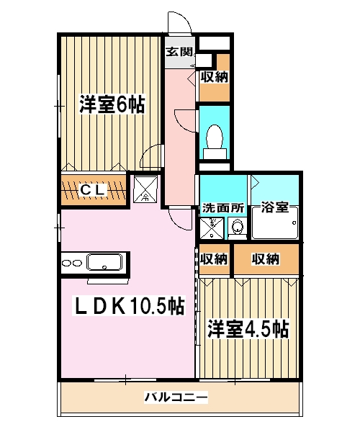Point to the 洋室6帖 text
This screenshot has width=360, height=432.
pyautogui.click(x=112, y=105)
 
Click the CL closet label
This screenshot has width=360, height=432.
pyautogui.click(x=93, y=190)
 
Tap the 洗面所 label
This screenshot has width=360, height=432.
pyautogui.click(x=222, y=208)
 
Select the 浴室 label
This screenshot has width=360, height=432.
pyautogui.click(x=276, y=208)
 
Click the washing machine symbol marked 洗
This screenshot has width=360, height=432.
pyautogui.click(x=212, y=228)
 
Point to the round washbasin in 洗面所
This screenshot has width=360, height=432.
pyautogui.click(x=236, y=228)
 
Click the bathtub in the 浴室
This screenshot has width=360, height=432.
pyautogui.click(x=274, y=228)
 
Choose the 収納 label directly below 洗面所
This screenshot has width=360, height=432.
pyautogui.click(x=214, y=259)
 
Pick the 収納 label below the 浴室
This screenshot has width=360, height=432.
pyautogui.click(x=266, y=259)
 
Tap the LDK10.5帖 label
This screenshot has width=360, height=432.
pyautogui.click(x=130, y=307)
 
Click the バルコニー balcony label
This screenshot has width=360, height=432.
pyautogui.click(x=176, y=397)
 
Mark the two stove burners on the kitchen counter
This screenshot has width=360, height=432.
pyautogui.click(x=71, y=263)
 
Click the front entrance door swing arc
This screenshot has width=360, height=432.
pyautogui.click(x=180, y=24)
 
